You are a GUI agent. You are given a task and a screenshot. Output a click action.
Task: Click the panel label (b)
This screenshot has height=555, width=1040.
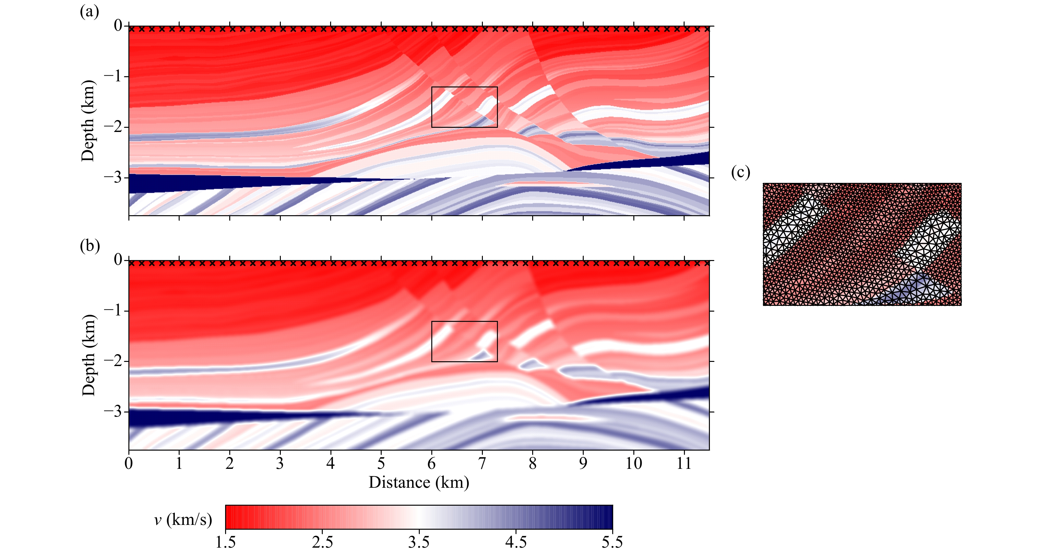click(90, 245)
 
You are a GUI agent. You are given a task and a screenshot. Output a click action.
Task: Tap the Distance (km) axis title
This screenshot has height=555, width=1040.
click(419, 482)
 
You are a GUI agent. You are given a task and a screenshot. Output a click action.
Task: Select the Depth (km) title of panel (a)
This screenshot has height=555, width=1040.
click(88, 121)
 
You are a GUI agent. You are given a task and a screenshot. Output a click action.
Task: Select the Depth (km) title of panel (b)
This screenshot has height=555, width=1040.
click(88, 355)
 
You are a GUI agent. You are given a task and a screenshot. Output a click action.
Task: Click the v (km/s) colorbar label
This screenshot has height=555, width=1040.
click(183, 519)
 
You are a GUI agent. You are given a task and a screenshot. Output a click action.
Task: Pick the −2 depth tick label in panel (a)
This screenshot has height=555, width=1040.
click(113, 127)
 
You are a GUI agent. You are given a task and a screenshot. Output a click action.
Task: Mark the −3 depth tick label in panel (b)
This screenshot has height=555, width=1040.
click(113, 412)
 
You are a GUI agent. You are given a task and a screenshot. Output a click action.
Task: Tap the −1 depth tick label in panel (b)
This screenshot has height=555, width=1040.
click(113, 311)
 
